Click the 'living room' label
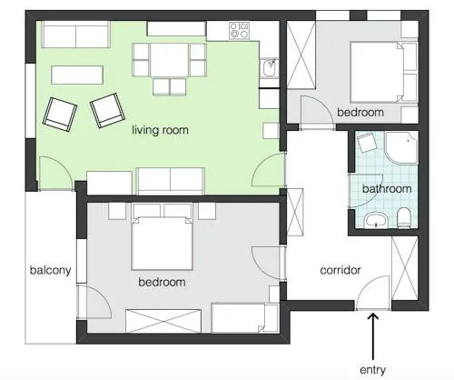click(160, 130)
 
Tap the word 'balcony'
click(50, 270)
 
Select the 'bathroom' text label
click(387, 189)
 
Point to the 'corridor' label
click(340, 270)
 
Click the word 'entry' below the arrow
click(372, 370)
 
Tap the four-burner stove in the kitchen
click(239, 30)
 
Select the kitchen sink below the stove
click(269, 68)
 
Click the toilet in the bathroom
click(403, 217)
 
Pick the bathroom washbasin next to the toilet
click(376, 220)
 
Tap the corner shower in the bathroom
click(401, 147)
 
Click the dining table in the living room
click(169, 60)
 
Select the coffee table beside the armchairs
click(77, 75)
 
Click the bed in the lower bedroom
click(163, 243)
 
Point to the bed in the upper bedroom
click(377, 72)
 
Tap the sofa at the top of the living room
click(75, 35)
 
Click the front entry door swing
click(372, 293)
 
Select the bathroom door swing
click(365, 191)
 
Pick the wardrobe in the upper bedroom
click(301, 55)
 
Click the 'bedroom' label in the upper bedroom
click(360, 113)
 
